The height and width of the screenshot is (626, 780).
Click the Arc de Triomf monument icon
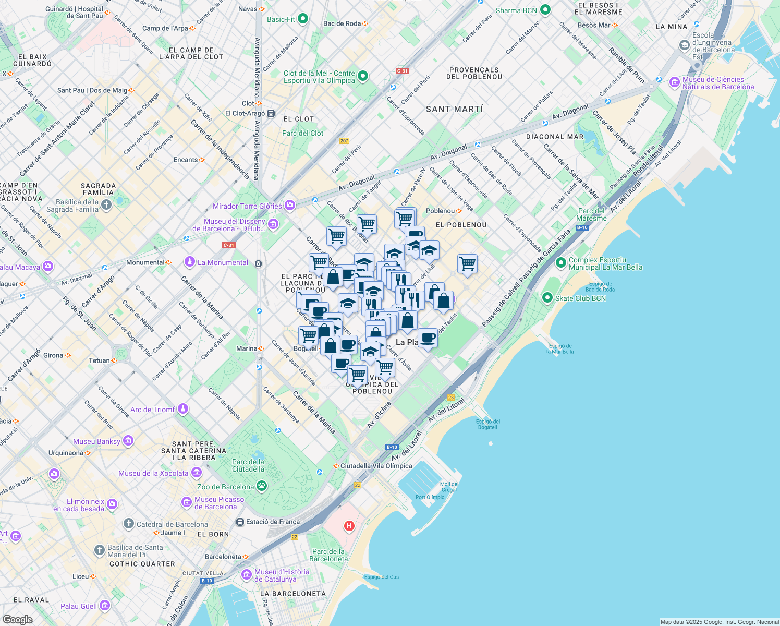coord(182,409)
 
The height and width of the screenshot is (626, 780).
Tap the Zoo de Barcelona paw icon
coord(262,486)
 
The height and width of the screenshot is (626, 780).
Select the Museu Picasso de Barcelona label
coord(219,503)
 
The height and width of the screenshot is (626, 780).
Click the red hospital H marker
coord(349,526)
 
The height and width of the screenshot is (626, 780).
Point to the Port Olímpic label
coord(430,497)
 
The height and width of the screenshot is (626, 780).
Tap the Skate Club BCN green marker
coord(547,298)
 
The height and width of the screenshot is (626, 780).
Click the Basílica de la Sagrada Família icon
coord(106,205)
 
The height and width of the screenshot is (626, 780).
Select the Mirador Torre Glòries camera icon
coord(289,206)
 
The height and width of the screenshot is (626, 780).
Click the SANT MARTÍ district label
coord(454,109)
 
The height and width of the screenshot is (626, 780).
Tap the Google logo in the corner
coord(17,619)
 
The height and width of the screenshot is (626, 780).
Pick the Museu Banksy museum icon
coord(128,441)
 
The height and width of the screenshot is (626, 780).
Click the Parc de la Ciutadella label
coord(248,465)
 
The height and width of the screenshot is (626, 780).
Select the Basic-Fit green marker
coord(302,19)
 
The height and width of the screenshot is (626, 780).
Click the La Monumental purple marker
coord(190,262)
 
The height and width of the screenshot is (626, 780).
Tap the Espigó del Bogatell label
coord(487,424)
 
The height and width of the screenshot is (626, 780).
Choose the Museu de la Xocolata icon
coord(196,473)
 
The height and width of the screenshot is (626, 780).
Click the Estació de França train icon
coord(240,522)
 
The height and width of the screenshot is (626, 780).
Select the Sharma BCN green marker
coord(545,10)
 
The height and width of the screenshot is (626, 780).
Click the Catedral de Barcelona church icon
coord(129,524)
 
